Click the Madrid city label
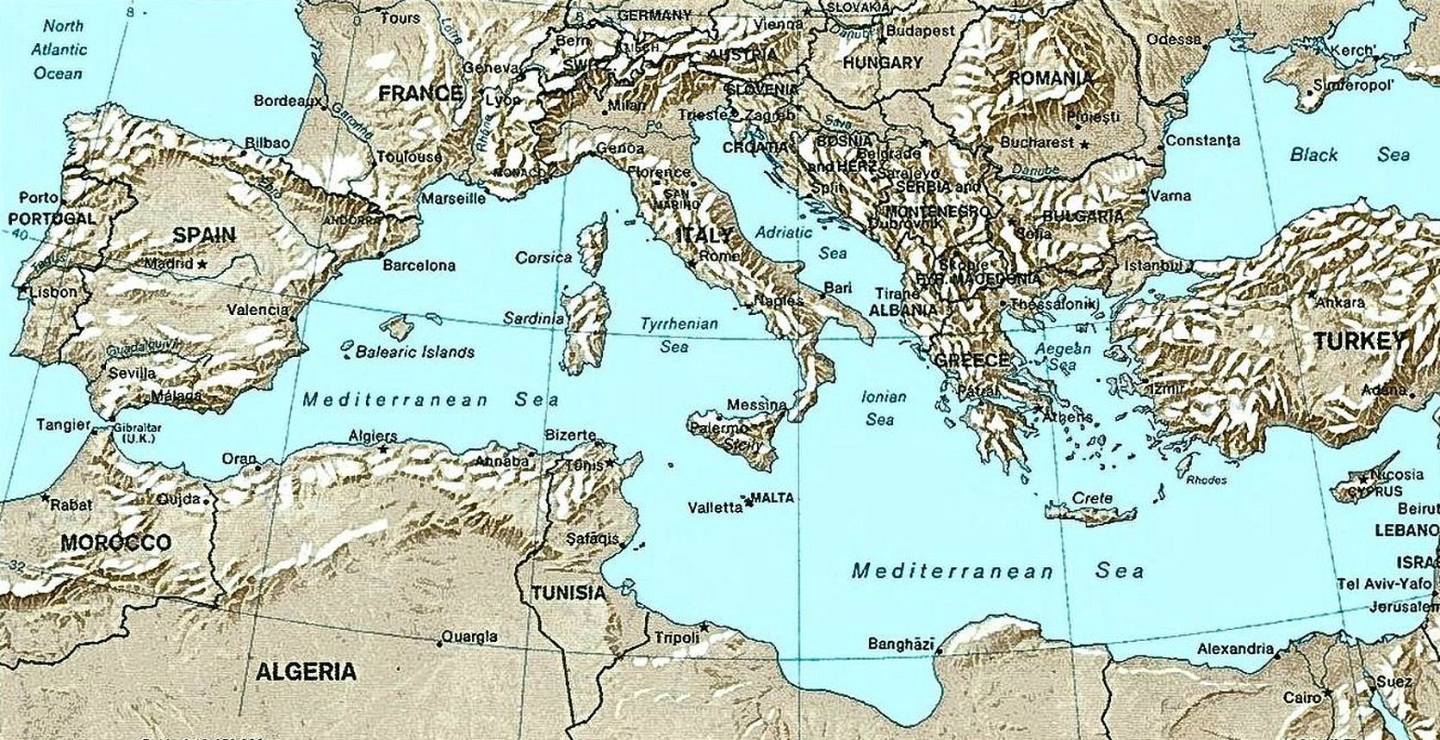tap(168, 263)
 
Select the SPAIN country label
tap(204, 235)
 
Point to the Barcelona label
tap(419, 266)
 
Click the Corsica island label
tap(543, 257)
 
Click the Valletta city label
tap(715, 508)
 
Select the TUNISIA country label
tap(568, 593)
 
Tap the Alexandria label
tap(1236, 649)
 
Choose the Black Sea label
tap(1349, 155)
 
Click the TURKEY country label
tap(1358, 342)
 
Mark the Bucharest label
tap(1037, 142)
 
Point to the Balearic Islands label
tap(415, 352)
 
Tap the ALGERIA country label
tap(306, 671)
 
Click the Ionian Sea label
tap(883, 408)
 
